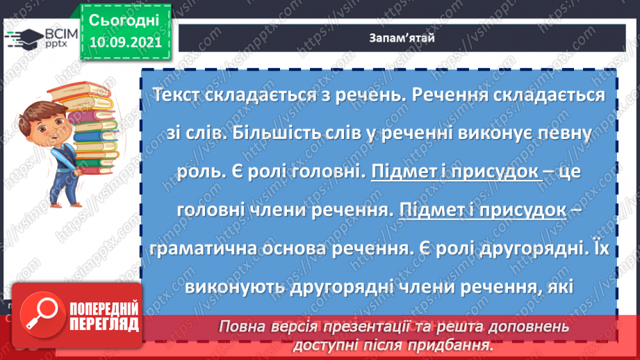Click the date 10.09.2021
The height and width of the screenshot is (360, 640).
[125, 41]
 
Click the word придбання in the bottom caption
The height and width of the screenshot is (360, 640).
[452, 343]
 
